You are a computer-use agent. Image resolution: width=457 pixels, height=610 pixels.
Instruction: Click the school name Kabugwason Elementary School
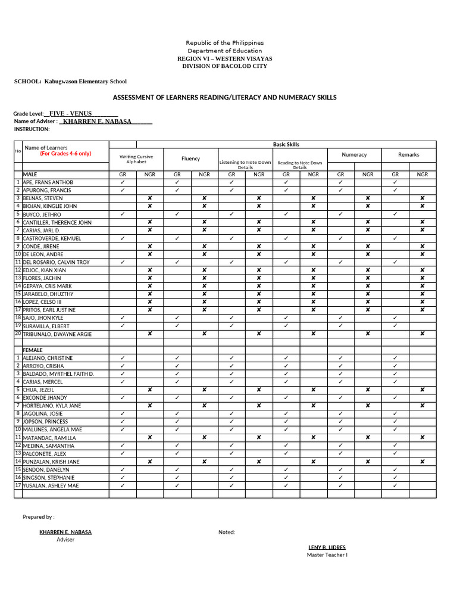click(x=85, y=82)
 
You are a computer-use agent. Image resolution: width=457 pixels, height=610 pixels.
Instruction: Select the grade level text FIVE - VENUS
click(x=70, y=113)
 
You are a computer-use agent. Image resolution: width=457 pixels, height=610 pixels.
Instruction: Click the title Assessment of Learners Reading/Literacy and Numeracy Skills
click(x=224, y=97)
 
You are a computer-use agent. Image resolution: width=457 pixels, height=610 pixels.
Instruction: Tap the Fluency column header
click(x=190, y=158)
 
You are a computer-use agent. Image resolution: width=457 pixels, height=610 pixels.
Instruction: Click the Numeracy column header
click(x=354, y=154)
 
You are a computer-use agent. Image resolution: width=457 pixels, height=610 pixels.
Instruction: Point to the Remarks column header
click(x=408, y=154)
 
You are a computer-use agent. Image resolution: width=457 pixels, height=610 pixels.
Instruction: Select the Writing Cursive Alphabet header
click(x=136, y=159)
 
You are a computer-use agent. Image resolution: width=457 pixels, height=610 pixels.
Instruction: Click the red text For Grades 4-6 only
click(x=65, y=154)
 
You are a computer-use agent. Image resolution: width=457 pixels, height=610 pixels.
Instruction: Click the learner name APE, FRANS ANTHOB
click(x=48, y=182)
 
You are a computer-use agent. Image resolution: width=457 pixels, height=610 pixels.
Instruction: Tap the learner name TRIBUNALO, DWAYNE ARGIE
click(x=57, y=334)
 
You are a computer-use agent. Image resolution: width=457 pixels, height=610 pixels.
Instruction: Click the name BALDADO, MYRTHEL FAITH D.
click(x=58, y=374)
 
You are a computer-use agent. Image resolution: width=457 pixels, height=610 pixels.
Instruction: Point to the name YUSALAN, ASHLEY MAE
click(x=51, y=485)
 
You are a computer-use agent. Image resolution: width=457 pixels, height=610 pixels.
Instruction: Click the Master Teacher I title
click(x=327, y=555)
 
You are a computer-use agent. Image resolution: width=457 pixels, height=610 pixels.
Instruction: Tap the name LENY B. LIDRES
click(x=327, y=547)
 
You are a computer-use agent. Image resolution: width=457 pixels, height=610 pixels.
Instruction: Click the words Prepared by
click(x=38, y=517)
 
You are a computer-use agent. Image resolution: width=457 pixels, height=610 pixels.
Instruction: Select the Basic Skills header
click(x=286, y=144)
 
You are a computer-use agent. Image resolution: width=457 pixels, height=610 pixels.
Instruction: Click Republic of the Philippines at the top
click(x=224, y=43)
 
